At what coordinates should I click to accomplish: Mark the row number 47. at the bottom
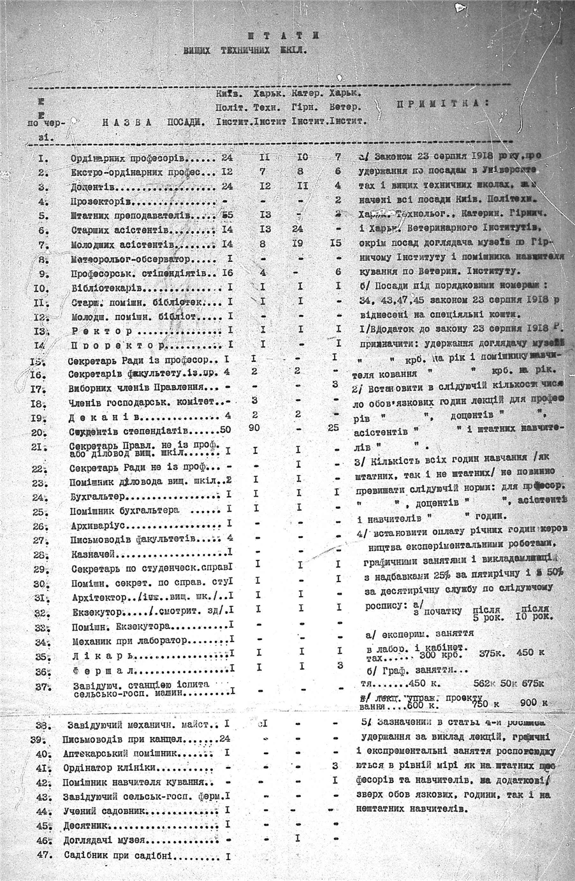pos(43,856)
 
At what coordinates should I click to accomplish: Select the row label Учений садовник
pos(105,811)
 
